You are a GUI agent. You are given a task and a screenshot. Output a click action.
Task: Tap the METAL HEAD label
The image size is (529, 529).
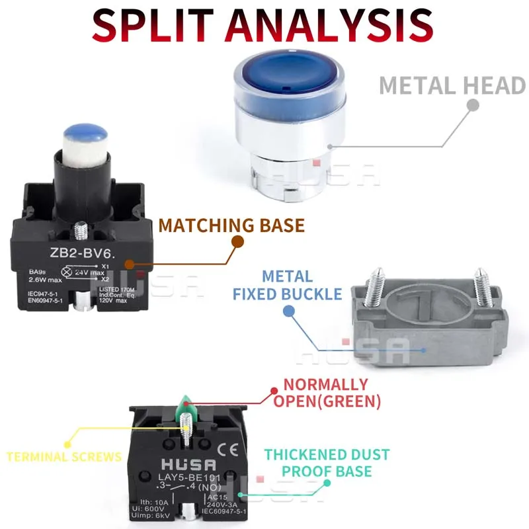tap(452, 86)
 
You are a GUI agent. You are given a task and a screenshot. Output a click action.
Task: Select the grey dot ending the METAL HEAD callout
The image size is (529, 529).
tap(472, 104)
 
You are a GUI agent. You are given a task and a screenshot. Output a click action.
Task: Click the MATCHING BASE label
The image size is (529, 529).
tap(231, 225)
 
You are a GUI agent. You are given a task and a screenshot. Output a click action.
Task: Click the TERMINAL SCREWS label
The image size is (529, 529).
tap(64, 456)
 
